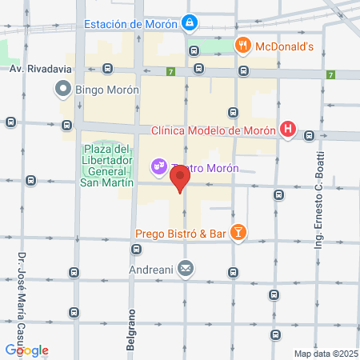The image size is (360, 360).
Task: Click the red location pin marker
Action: tap(180, 178)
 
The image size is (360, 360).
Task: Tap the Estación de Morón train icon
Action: tap(189, 24)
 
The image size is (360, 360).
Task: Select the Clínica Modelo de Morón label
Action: tap(214, 130)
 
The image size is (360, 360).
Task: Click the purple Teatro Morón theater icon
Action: tap(158, 166)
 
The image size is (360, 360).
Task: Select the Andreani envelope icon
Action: tap(186, 268)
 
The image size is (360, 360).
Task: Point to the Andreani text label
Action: tap(152, 268)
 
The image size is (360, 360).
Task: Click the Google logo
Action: tap(26, 350)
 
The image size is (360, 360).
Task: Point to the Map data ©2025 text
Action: tap(325, 354)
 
